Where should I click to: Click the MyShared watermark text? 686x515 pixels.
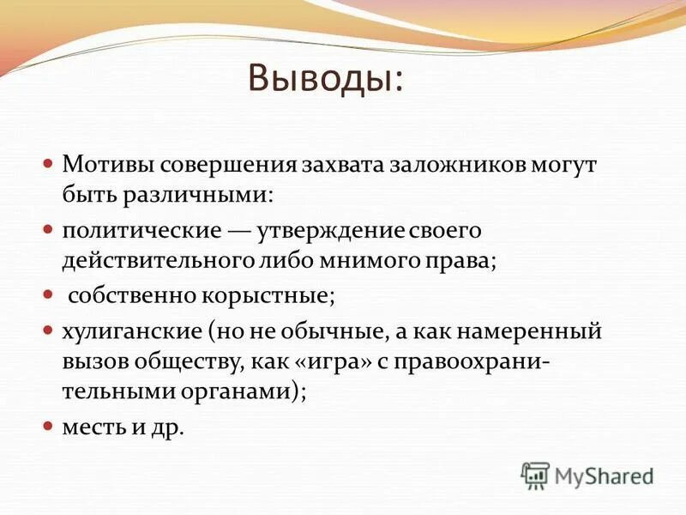(x=605, y=475)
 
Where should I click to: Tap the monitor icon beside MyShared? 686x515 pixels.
(x=536, y=474)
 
